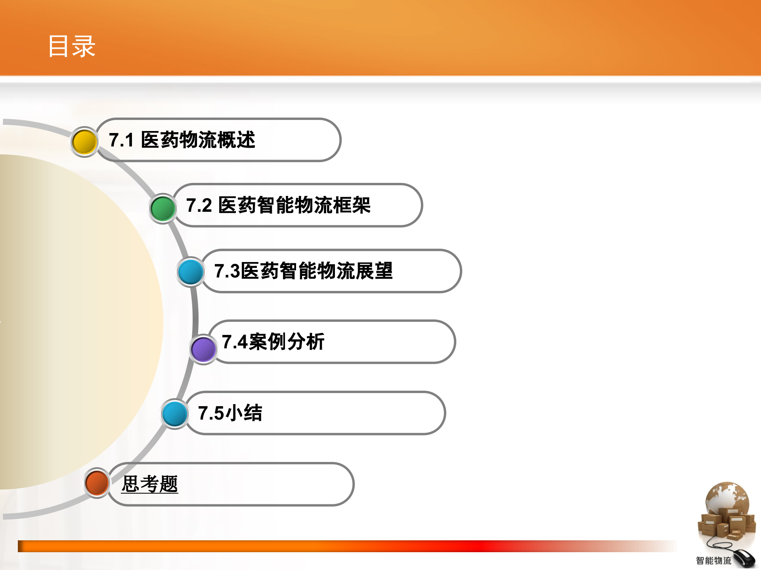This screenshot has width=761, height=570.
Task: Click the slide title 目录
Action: tap(72, 46)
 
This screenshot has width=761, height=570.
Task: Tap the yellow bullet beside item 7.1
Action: tap(84, 142)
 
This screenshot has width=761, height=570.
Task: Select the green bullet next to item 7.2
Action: tap(163, 208)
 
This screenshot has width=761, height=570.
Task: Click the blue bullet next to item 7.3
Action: tap(190, 272)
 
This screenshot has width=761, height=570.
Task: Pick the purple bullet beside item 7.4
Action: tap(203, 349)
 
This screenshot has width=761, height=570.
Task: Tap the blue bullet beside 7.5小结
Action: tap(174, 414)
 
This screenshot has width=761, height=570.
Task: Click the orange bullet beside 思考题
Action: tap(97, 483)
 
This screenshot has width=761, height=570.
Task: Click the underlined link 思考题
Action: tap(149, 484)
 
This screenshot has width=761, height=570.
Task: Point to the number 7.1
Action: tap(121, 140)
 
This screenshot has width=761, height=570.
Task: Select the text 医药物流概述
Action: tap(198, 140)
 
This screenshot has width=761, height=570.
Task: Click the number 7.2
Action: tap(199, 205)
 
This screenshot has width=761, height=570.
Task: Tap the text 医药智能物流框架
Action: tap(294, 205)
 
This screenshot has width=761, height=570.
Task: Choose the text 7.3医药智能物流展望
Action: tap(303, 271)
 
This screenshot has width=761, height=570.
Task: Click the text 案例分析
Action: tap(287, 342)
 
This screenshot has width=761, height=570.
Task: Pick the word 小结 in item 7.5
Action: tap(244, 413)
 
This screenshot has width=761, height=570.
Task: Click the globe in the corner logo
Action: tap(727, 499)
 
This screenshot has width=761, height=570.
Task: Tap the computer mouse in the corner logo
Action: tap(744, 558)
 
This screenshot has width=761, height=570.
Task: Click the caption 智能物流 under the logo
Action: tap(713, 560)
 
